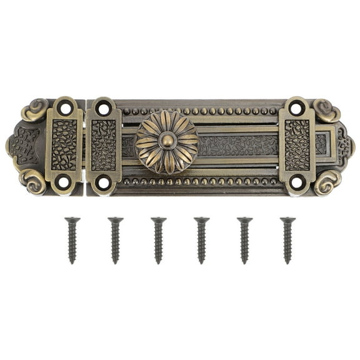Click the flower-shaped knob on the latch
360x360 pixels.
click(x=167, y=142)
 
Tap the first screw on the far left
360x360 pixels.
click(x=72, y=240)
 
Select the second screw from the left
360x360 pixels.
click(x=115, y=240)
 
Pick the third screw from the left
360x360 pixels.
click(x=158, y=240)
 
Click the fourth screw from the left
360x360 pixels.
click(x=201, y=240)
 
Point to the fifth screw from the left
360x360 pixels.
click(x=244, y=240)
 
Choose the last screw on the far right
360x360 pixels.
click(x=287, y=240)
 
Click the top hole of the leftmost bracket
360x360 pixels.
click(x=64, y=108)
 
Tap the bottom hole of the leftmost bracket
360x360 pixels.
click(x=64, y=182)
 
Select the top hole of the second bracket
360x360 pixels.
click(x=104, y=109)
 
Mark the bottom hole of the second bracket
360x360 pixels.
click(x=104, y=182)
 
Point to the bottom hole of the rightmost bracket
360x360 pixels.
click(x=297, y=182)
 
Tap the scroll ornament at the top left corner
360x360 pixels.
click(x=34, y=110)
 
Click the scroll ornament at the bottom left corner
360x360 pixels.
click(x=32, y=181)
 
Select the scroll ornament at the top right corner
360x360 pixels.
click(x=326, y=110)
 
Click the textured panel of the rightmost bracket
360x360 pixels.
click(x=297, y=145)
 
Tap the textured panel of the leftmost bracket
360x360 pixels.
click(x=64, y=145)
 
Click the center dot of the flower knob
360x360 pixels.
click(x=167, y=141)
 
